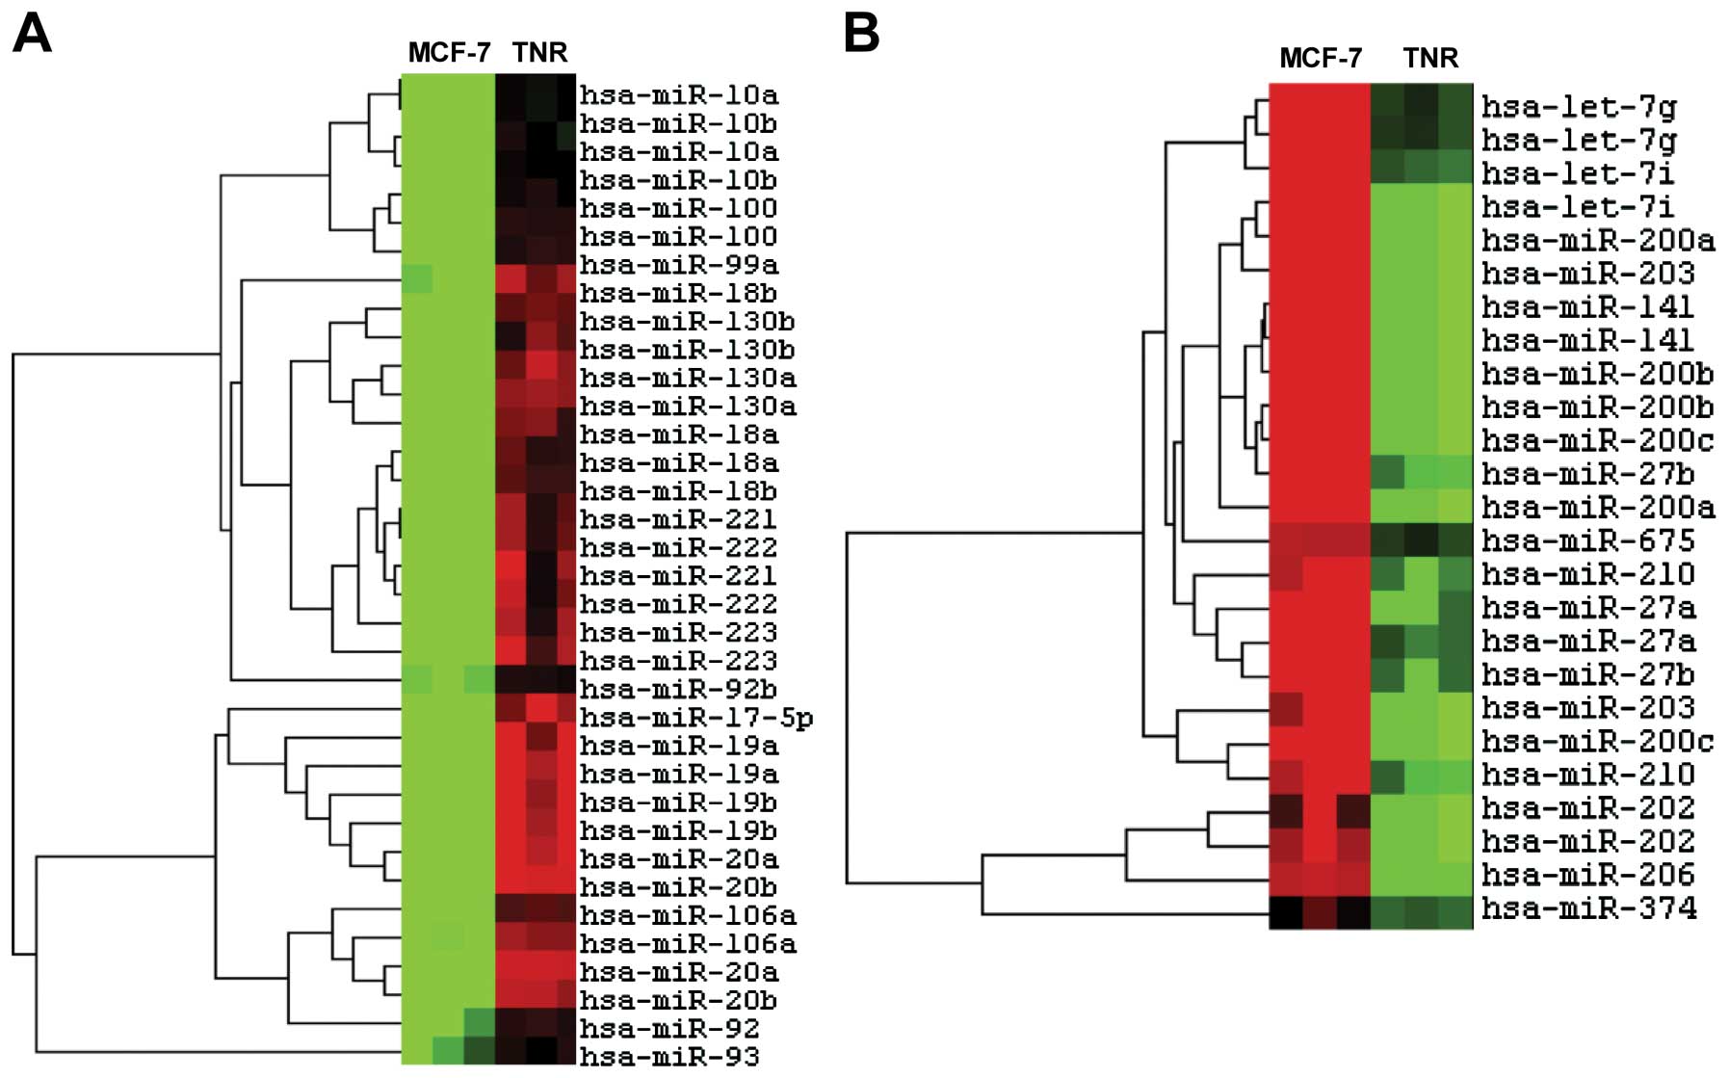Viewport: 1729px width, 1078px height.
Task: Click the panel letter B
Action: point(861,35)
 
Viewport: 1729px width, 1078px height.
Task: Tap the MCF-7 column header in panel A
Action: point(449,52)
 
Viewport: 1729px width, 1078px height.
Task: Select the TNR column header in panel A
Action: point(539,52)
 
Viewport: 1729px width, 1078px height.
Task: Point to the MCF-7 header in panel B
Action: point(1320,58)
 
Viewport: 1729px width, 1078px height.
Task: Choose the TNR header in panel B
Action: point(1430,58)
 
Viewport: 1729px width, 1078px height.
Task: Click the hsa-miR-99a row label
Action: point(678,265)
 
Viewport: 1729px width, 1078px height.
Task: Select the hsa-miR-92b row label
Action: point(678,690)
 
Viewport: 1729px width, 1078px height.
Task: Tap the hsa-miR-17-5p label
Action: point(695,718)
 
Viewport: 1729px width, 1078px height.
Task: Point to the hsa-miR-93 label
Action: point(668,1057)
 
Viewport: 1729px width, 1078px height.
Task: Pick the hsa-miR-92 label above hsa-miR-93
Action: point(668,1029)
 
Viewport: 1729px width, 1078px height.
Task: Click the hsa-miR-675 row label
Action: point(1587,541)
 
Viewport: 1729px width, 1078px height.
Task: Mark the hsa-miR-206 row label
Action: point(1587,875)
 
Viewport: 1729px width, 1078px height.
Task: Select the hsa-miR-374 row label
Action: point(1587,908)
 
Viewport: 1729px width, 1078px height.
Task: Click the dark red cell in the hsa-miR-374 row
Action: point(1320,911)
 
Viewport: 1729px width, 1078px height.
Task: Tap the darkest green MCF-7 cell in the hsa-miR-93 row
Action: point(480,1050)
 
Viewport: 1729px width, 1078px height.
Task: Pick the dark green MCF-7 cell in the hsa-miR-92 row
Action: point(480,1022)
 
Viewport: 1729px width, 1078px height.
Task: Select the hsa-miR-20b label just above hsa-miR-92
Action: point(678,1001)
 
